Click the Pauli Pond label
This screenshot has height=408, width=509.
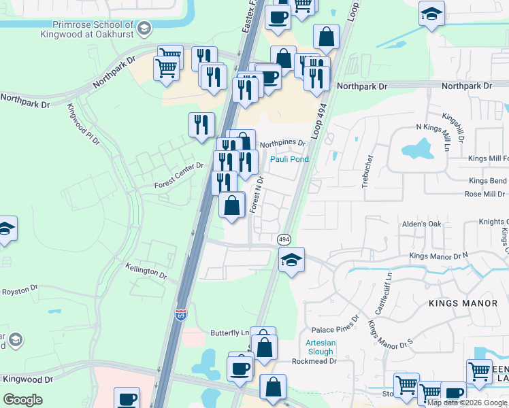[x=289, y=159]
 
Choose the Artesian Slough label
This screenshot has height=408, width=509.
[x=320, y=347]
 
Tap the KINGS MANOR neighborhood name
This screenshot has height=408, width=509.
[x=457, y=302]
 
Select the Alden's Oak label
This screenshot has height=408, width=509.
[x=422, y=224]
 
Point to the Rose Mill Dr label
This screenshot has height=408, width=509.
[x=484, y=194]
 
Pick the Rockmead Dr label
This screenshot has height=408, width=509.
[x=314, y=361]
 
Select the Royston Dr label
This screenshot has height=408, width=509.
[x=19, y=291]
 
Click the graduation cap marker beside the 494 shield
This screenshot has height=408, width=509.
[x=291, y=260]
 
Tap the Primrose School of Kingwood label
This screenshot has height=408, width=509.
[x=97, y=27]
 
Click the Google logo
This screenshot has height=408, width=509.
[x=23, y=400]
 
